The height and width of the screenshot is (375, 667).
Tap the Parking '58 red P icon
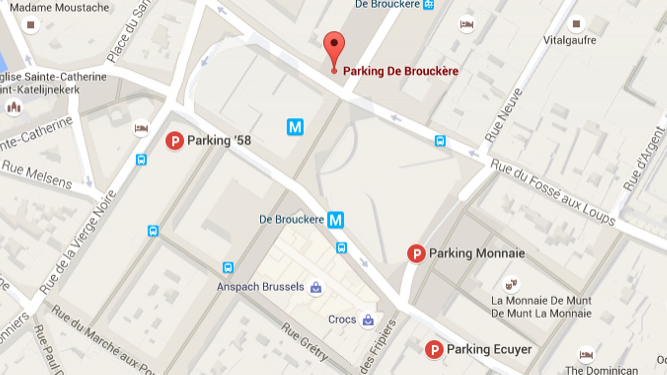coord(174,141)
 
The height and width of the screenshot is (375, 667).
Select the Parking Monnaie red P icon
coord(416,254)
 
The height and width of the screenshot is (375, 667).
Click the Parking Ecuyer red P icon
coord(434,350)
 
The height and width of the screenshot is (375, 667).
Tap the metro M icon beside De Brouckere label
coord(336,220)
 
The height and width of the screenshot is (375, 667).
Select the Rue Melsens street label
coord(37,174)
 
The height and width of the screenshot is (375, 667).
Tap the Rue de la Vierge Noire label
coord(78,242)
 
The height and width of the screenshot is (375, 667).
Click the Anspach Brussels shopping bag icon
coord(315,287)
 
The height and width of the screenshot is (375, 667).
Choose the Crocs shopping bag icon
coord(368,320)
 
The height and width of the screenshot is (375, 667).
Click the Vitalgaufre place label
coord(569,40)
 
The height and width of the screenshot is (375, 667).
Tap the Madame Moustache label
coord(59,7)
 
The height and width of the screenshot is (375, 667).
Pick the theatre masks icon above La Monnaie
coord(511,284)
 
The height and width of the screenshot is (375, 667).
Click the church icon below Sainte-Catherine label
coord(14,107)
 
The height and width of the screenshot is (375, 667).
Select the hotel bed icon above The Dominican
coord(586,354)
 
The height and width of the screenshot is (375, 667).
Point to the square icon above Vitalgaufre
coord(576,24)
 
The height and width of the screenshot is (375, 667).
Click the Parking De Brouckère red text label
coord(401,71)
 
